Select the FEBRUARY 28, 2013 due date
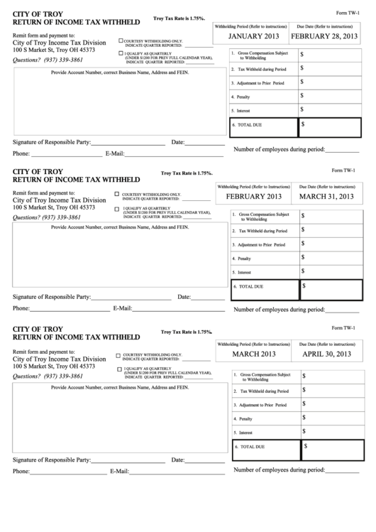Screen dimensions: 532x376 click(x=328, y=36)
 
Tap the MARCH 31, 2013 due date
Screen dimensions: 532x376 click(x=326, y=196)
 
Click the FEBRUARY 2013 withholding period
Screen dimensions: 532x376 click(x=254, y=196)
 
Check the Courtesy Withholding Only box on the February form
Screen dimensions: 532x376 click(x=116, y=193)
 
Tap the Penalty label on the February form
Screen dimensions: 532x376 click(x=245, y=259)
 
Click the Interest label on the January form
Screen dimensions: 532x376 click(x=241, y=110)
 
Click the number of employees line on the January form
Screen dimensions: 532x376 click(x=343, y=151)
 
